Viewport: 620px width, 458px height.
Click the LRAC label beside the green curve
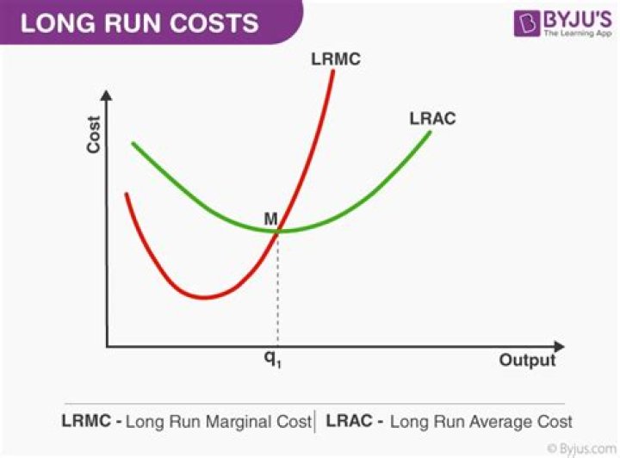[432, 119]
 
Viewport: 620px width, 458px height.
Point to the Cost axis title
[94, 135]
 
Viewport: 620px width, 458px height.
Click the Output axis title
[527, 360]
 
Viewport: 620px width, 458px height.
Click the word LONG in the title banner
[53, 22]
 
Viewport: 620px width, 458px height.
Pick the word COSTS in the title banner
[220, 22]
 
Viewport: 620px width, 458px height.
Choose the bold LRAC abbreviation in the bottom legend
[348, 422]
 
